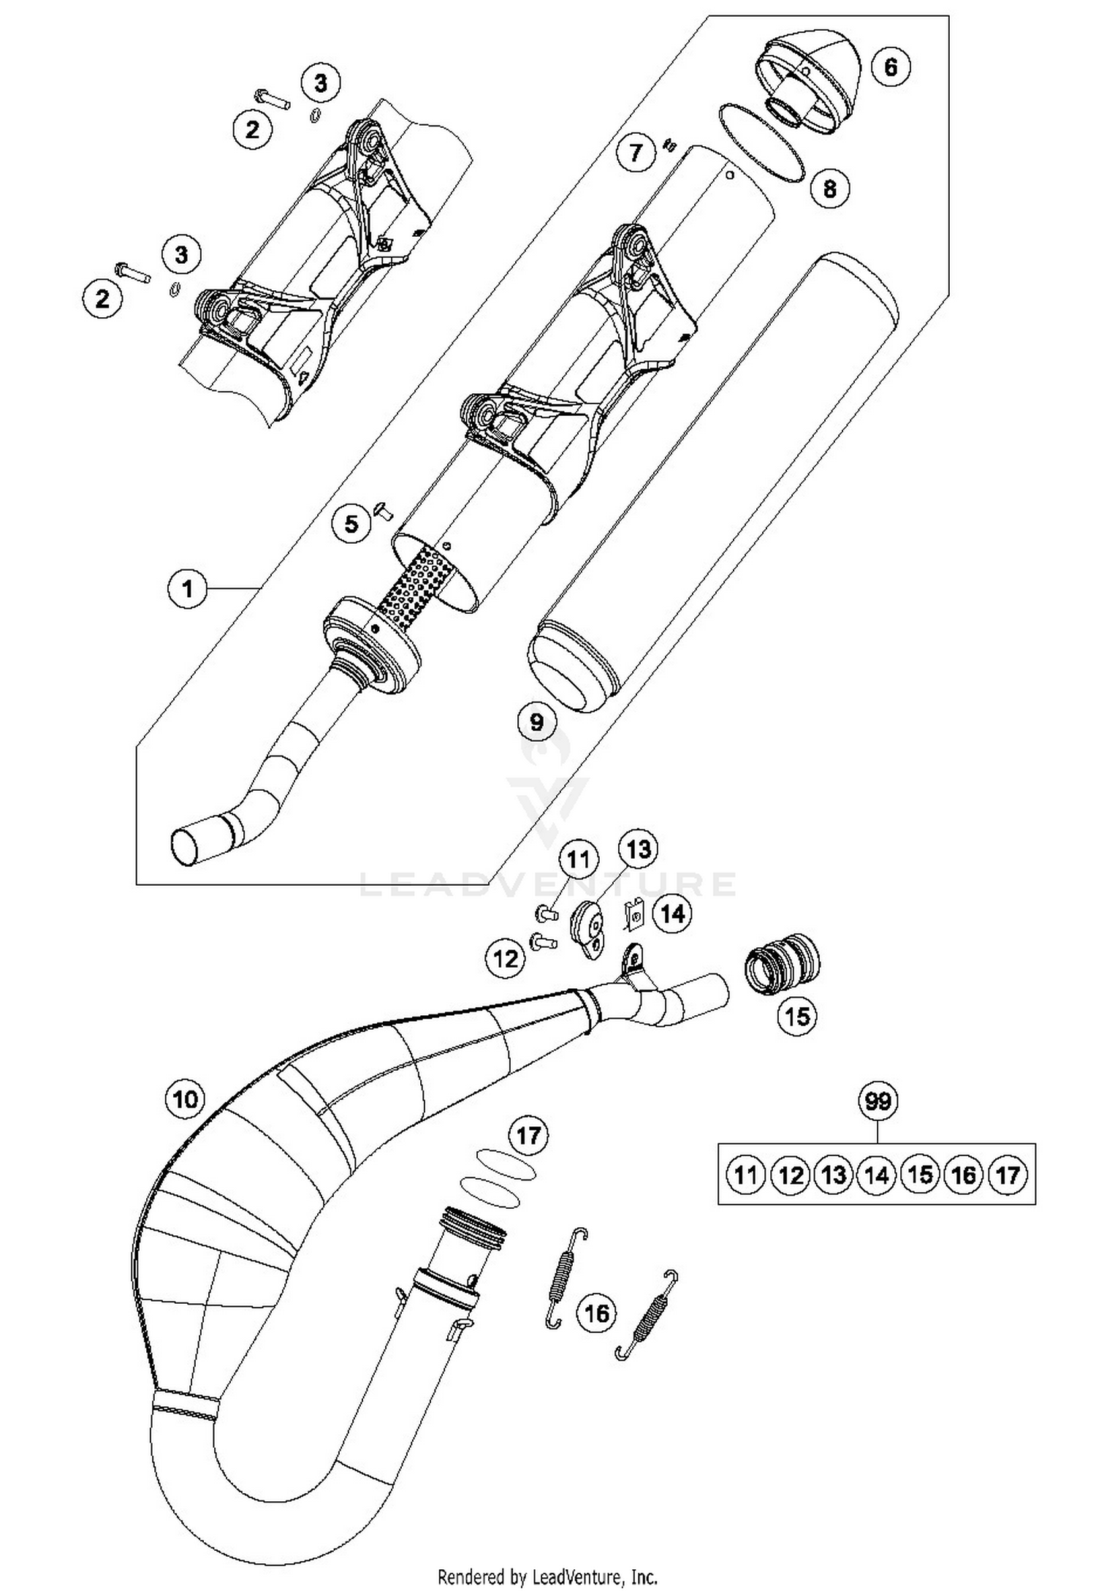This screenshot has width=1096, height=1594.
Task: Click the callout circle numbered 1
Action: [x=188, y=588]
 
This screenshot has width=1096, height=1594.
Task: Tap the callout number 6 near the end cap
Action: [x=890, y=67]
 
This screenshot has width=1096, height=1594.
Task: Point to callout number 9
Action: [x=537, y=722]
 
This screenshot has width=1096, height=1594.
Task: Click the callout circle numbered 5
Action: [x=352, y=523]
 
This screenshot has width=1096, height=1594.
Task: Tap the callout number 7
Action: [x=636, y=153]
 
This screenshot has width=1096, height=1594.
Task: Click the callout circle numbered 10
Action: [x=186, y=1098]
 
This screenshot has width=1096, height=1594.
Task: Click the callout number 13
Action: [x=638, y=849]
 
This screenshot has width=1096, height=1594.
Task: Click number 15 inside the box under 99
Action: [x=921, y=1174]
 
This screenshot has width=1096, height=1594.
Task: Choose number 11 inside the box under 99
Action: [x=745, y=1174]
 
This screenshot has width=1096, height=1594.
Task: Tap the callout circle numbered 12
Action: [x=506, y=957]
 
